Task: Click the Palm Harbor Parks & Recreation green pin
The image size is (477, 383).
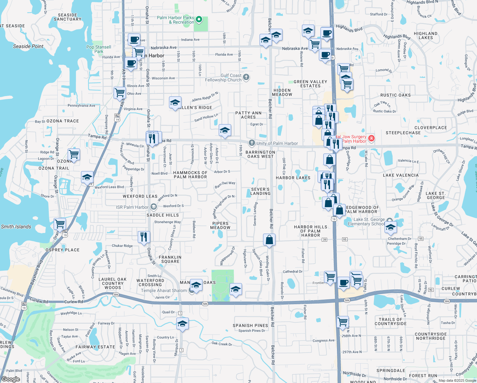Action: pyautogui.click(x=199, y=20)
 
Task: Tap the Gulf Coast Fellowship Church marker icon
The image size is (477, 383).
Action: pyautogui.click(x=246, y=77)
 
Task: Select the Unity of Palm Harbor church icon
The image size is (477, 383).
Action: pyautogui.click(x=252, y=143)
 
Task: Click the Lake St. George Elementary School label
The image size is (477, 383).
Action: pyautogui.click(x=366, y=222)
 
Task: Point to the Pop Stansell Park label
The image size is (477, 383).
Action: pyautogui.click(x=99, y=49)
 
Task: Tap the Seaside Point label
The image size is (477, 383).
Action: pyautogui.click(x=28, y=46)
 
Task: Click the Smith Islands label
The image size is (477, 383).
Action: pyautogui.click(x=16, y=227)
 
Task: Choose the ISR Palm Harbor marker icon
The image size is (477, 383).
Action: pyautogui.click(x=153, y=207)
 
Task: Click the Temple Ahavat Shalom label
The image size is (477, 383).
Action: pyautogui.click(x=164, y=290)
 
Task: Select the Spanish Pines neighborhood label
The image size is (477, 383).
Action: pyautogui.click(x=250, y=326)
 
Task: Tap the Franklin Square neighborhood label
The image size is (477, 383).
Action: pyautogui.click(x=170, y=259)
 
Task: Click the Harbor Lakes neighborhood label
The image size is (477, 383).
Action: pyautogui.click(x=293, y=178)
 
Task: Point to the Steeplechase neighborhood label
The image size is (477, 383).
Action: pyautogui.click(x=403, y=133)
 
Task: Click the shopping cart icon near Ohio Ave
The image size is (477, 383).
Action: pyautogui.click(x=120, y=93)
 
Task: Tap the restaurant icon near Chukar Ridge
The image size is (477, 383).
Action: pyautogui.click(x=144, y=237)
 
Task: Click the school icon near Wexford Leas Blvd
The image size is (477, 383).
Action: pyautogui.click(x=87, y=177)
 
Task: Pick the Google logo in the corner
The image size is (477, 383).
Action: pyautogui.click(x=11, y=379)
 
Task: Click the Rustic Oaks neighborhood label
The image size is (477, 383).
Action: pyautogui.click(x=395, y=95)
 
